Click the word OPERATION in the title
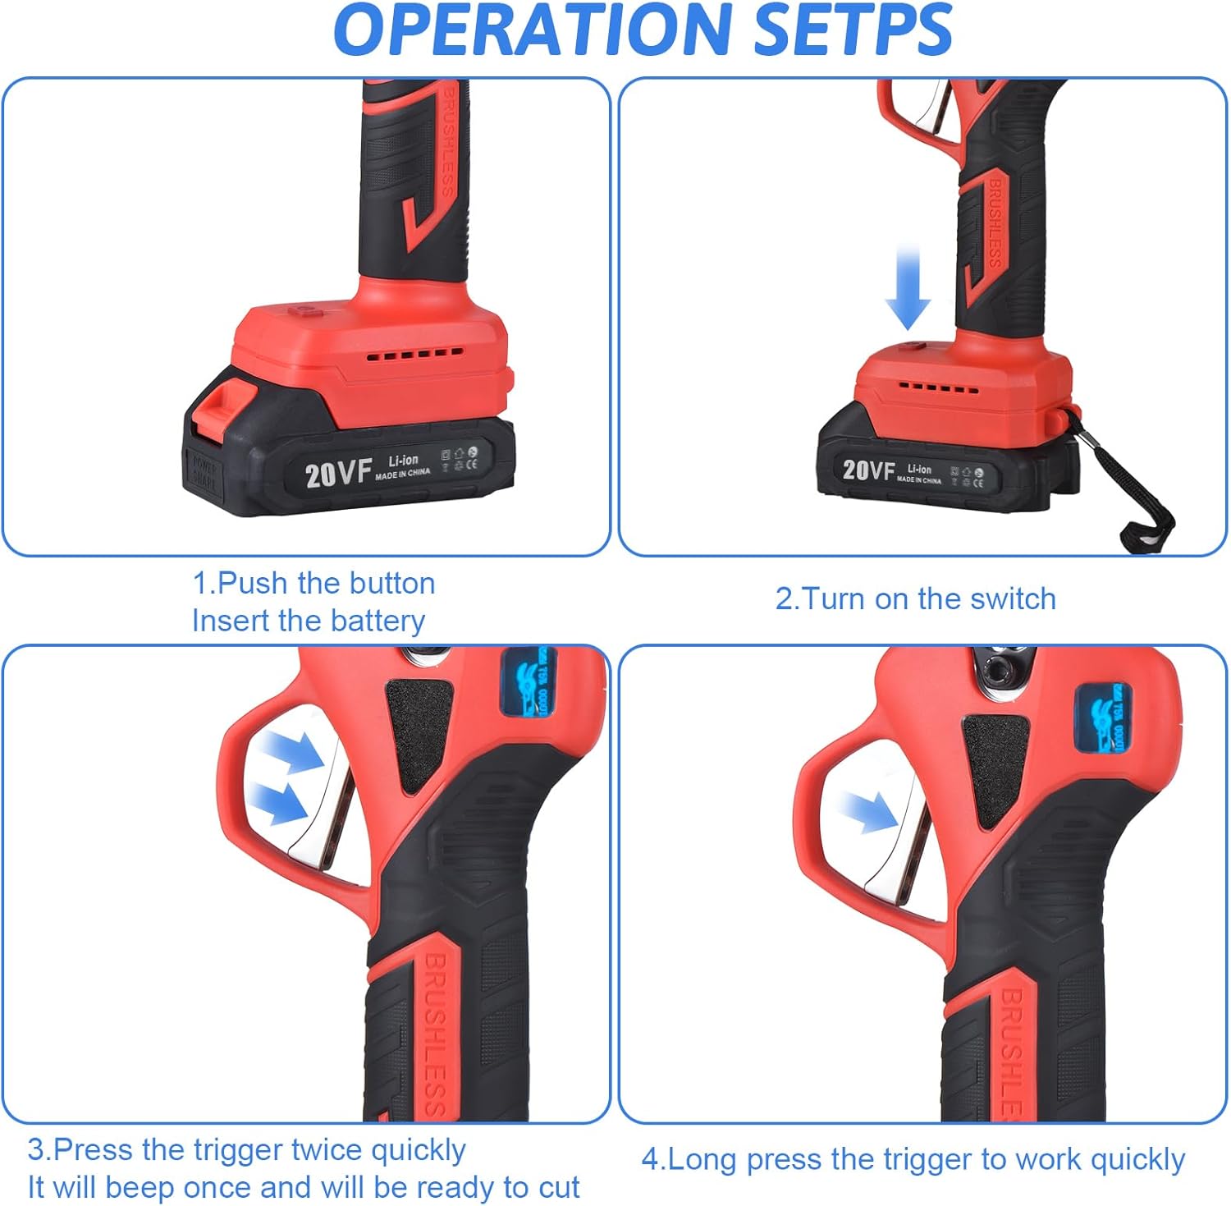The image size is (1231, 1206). (533, 30)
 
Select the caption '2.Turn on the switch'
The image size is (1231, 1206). (915, 599)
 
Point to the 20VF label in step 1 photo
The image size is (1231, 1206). (338, 474)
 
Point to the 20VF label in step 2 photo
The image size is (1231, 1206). (868, 470)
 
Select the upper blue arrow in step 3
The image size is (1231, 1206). (292, 751)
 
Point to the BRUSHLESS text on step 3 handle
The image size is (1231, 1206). (435, 1034)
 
